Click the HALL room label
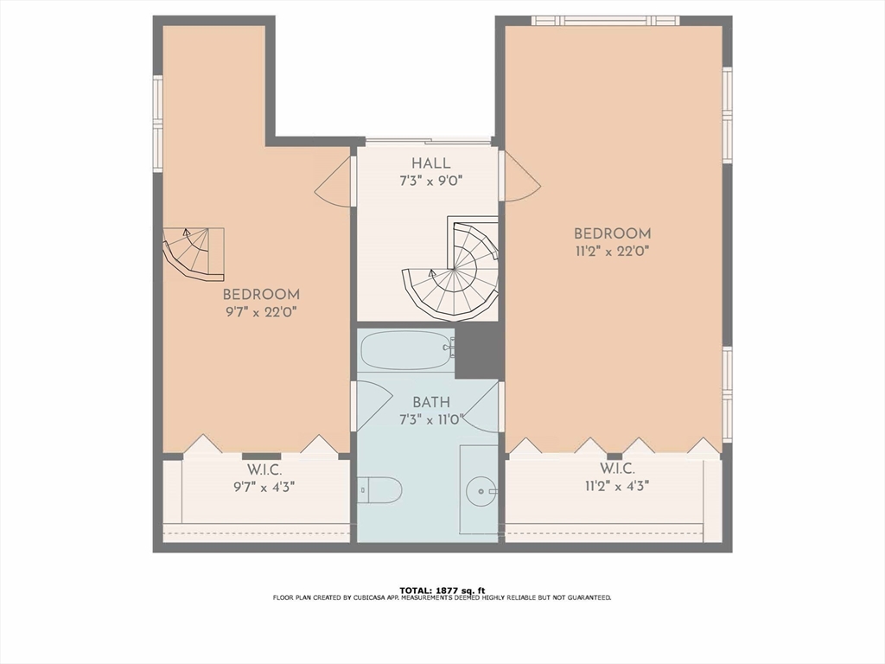(430, 163)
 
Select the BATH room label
(431, 403)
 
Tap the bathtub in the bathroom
(408, 351)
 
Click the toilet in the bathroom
(379, 489)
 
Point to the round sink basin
(481, 491)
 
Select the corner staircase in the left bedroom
(193, 254)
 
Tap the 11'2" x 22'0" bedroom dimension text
(613, 252)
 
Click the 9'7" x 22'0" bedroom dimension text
(261, 311)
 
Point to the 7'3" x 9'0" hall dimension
(431, 182)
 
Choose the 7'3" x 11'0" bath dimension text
(431, 420)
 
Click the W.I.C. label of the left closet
(264, 469)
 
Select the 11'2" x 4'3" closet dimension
(617, 486)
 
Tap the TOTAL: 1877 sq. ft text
(442, 591)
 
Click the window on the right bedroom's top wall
(606, 21)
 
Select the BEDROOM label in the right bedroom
(613, 233)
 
